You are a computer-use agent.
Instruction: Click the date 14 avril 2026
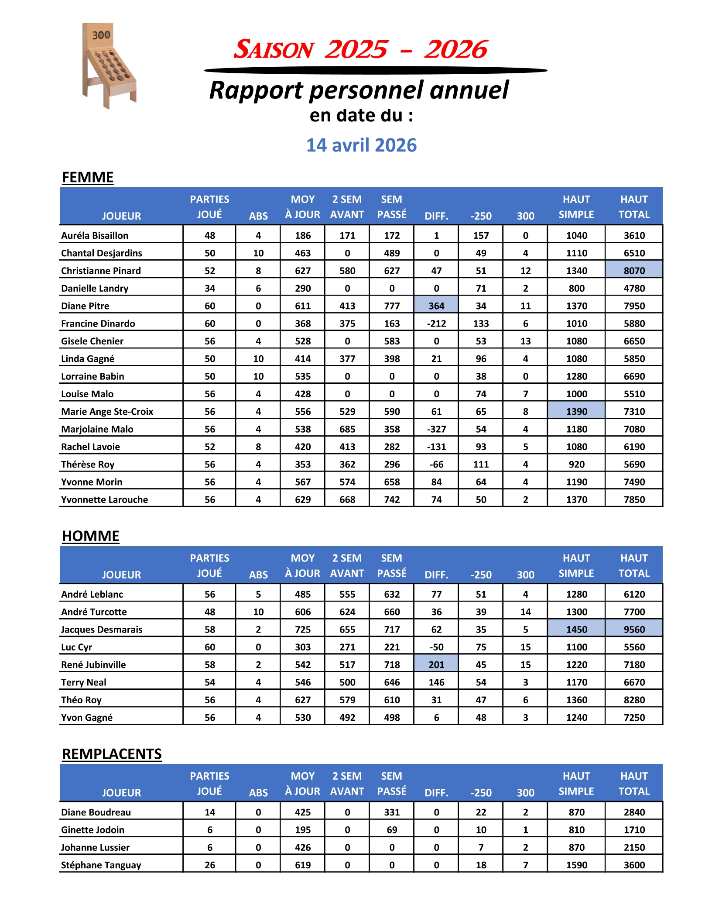click(x=361, y=145)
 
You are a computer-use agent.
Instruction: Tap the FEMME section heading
click(x=88, y=177)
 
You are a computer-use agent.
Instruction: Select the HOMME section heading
click(x=91, y=536)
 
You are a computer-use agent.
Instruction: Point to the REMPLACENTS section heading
click(x=112, y=754)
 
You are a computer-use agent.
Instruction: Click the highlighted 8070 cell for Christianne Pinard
click(x=634, y=271)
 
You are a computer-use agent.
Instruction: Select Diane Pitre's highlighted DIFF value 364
click(x=436, y=306)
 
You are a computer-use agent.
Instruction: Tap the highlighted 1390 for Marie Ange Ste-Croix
click(x=576, y=412)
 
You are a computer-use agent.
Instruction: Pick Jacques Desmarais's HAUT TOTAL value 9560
click(x=634, y=630)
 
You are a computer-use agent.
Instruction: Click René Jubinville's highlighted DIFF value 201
click(x=436, y=665)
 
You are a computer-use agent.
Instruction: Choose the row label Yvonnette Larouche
click(x=105, y=500)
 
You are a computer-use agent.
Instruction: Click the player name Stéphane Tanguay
click(x=101, y=865)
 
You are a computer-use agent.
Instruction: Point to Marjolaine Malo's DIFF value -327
click(x=436, y=430)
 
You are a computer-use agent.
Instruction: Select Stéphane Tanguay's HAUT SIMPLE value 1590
click(x=576, y=865)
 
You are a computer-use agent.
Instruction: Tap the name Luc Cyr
click(x=77, y=647)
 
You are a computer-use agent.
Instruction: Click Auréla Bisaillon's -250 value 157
click(x=481, y=236)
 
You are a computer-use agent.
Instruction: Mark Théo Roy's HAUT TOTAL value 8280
click(x=634, y=700)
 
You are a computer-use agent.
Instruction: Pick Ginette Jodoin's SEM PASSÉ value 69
click(x=392, y=830)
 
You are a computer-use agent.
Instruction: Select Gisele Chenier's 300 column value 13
click(x=525, y=341)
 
